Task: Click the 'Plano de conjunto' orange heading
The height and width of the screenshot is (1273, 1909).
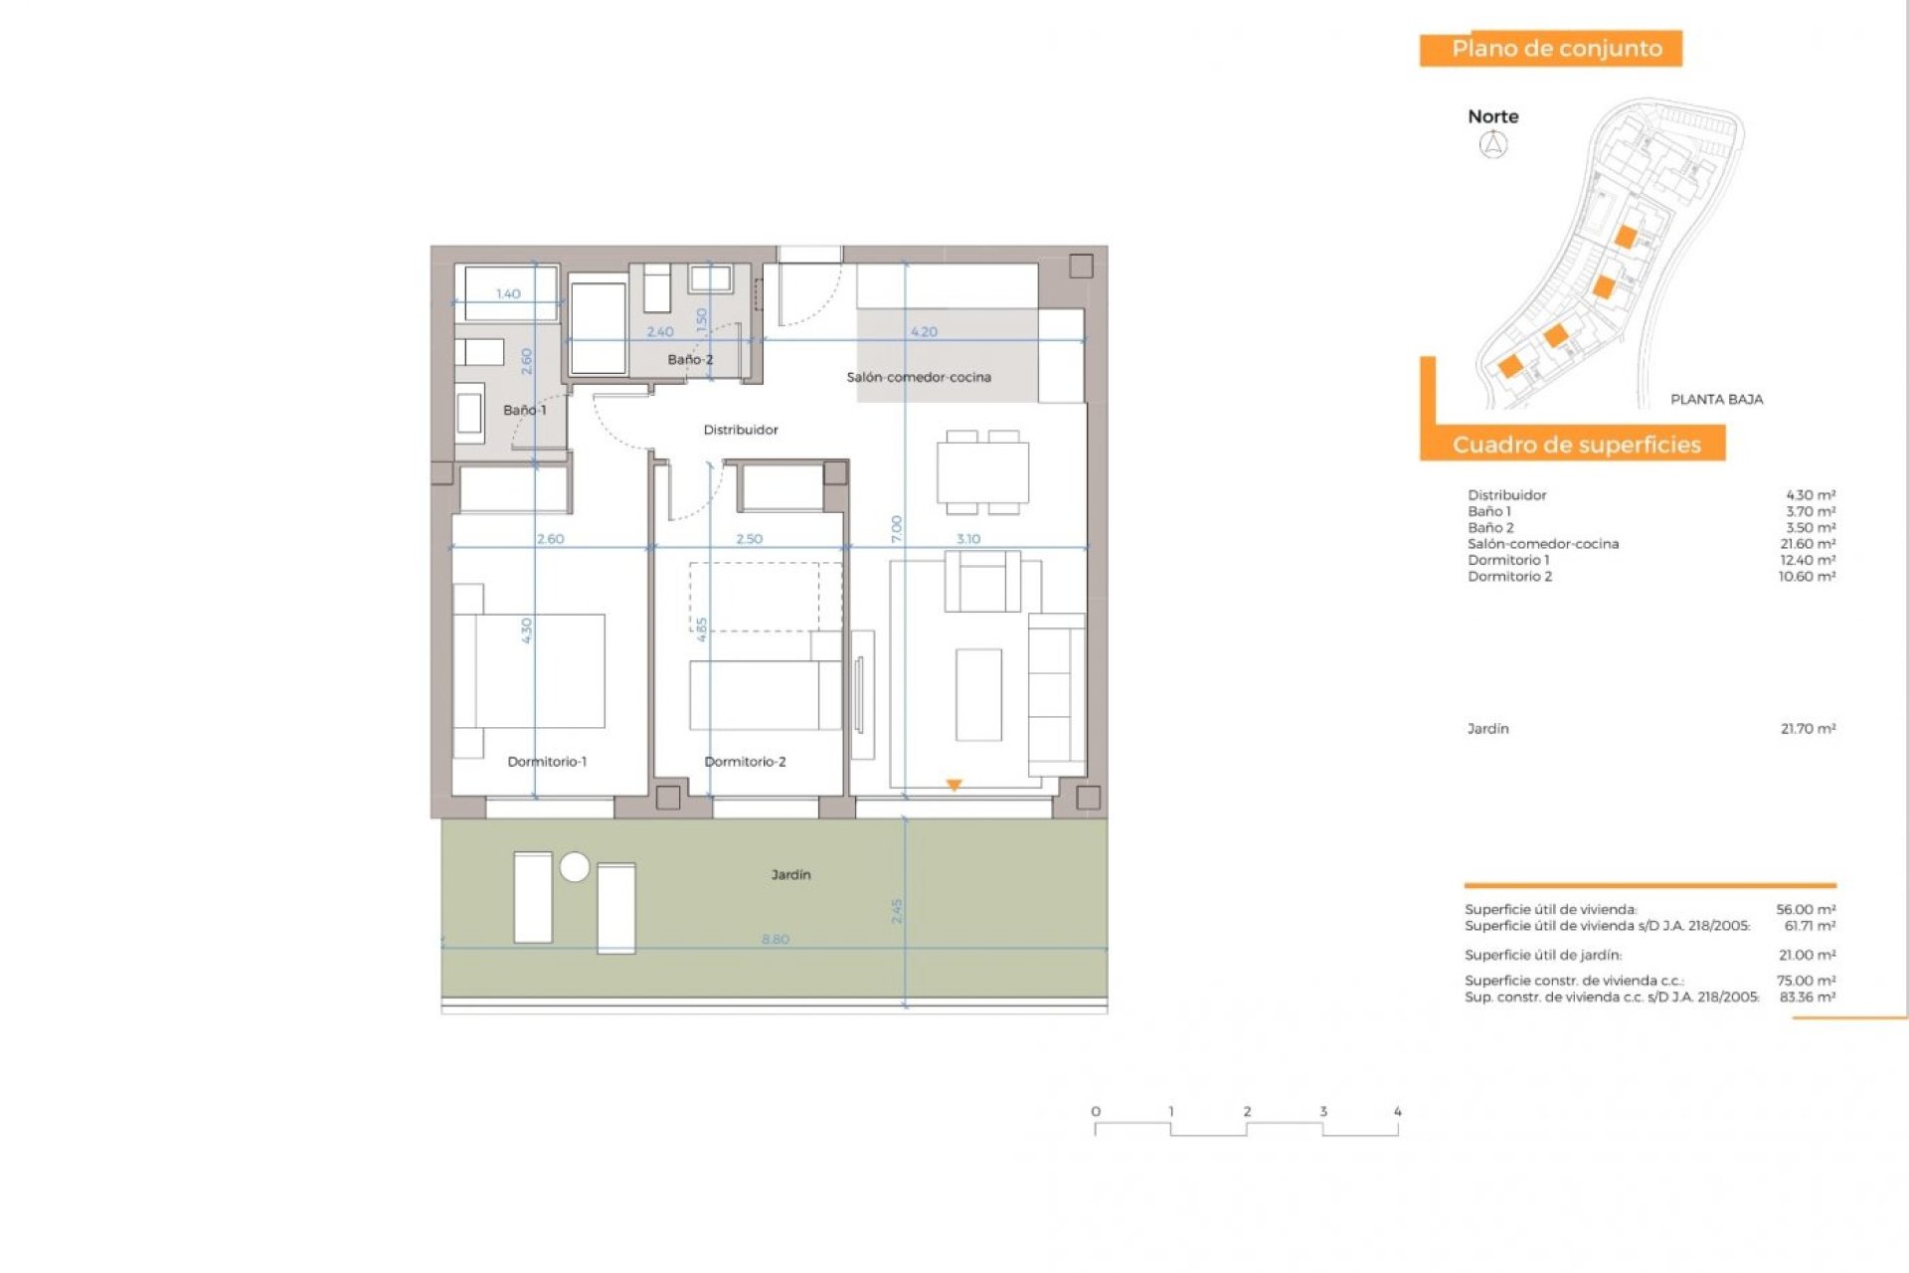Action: point(1556,49)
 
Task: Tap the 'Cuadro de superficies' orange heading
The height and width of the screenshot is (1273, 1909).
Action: point(1576,445)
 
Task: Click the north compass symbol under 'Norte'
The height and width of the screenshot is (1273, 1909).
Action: point(1493,145)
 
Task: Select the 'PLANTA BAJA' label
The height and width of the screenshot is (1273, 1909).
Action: point(1716,399)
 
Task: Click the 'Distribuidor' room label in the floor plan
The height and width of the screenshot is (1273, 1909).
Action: point(741,430)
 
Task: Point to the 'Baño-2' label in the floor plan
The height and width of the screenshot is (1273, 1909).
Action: point(690,359)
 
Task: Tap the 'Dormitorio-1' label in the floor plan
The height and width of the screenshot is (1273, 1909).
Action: point(547,762)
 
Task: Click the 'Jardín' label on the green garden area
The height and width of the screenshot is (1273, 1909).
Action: point(790,875)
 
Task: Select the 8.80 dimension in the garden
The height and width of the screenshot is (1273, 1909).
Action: point(776,939)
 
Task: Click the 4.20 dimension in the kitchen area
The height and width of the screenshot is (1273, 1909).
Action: point(924,332)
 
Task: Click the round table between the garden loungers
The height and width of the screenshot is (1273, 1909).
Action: point(575,867)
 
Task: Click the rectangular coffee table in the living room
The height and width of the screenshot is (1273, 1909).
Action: point(978,695)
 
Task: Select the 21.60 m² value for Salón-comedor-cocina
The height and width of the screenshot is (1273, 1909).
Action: point(1807,544)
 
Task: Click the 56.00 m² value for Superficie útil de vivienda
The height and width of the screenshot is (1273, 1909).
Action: point(1805,909)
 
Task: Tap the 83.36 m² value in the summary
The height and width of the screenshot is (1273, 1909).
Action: point(1807,997)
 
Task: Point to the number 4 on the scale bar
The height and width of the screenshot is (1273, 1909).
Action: point(1397,1112)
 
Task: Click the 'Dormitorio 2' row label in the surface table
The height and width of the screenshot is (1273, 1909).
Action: point(1509,577)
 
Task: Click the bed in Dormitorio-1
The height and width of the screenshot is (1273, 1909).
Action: point(537,671)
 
